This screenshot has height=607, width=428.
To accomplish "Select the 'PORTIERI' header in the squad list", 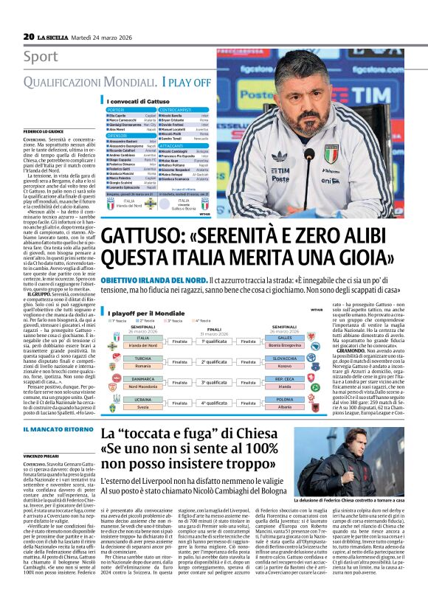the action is pos(119,109).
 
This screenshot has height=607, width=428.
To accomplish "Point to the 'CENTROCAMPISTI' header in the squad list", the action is pos(181,109).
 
